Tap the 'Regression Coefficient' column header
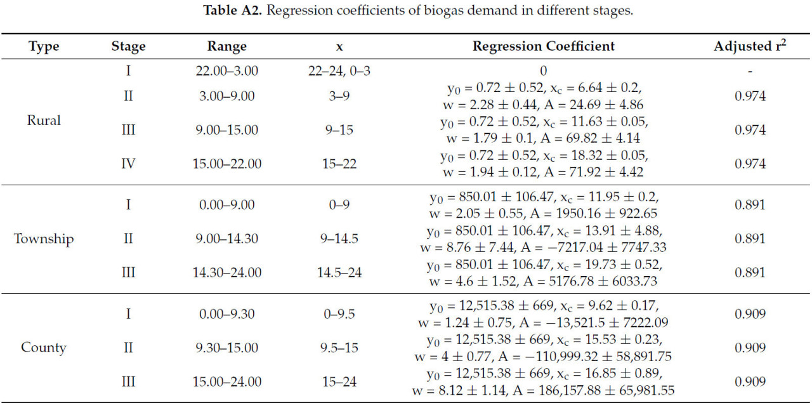[543, 46]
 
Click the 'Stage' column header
[128, 46]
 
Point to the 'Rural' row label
[44, 121]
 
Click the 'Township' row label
[44, 239]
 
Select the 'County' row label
[44, 348]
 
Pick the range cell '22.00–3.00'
[226, 71]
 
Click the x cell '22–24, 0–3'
[338, 71]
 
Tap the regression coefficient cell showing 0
[543, 71]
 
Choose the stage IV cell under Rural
[128, 164]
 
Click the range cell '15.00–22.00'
[226, 164]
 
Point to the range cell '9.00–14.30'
[226, 239]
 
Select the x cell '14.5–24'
[338, 273]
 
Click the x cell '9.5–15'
[338, 348]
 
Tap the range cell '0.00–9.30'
[226, 314]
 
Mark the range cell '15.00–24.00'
[226, 381]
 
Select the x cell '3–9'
[338, 96]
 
